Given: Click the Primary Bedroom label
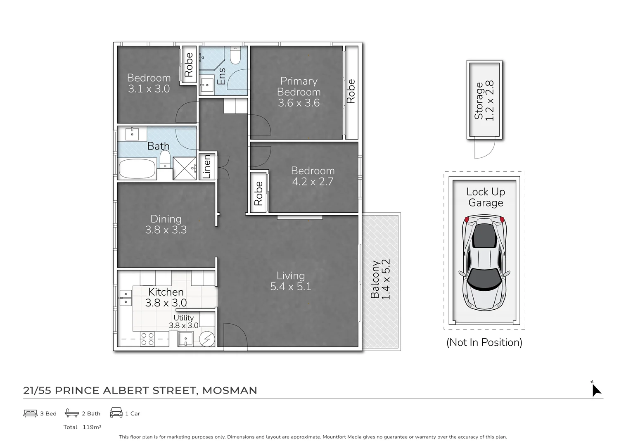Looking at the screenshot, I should pyautogui.click(x=299, y=87).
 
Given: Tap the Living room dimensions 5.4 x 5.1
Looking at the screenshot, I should pyautogui.click(x=290, y=286).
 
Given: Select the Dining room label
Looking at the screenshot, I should pyautogui.click(x=166, y=219).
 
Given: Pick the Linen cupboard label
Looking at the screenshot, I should pyautogui.click(x=207, y=166).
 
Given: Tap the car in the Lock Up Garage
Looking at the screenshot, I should pyautogui.click(x=484, y=263).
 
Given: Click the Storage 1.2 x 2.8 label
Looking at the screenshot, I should pyautogui.click(x=484, y=101).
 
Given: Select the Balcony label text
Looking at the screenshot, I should pyautogui.click(x=375, y=280).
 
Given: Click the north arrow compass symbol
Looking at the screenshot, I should pyautogui.click(x=596, y=389).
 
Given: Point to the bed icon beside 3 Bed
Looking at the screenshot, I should pyautogui.click(x=30, y=413).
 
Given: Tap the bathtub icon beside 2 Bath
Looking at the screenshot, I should pyautogui.click(x=72, y=413).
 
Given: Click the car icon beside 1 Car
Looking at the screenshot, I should pyautogui.click(x=116, y=413).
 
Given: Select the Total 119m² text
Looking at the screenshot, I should pyautogui.click(x=82, y=427).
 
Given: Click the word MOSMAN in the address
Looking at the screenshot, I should pyautogui.click(x=230, y=390).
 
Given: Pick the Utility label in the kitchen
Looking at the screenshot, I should pyautogui.click(x=183, y=318).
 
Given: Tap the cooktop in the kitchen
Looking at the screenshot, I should pyautogui.click(x=147, y=339).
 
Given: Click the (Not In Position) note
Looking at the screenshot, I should pyautogui.click(x=484, y=342).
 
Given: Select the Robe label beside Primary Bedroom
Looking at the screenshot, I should pyautogui.click(x=351, y=91).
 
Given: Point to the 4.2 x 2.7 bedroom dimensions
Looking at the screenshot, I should pyautogui.click(x=312, y=181).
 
